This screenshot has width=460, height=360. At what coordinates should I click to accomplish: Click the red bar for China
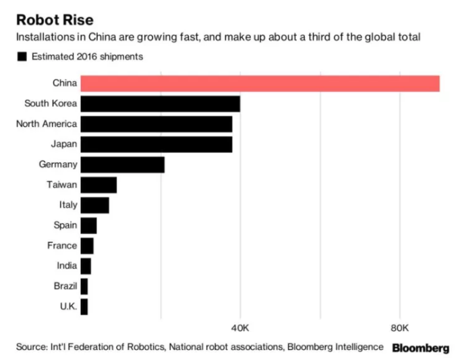[260, 84]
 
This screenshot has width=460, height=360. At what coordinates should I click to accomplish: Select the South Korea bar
[160, 104]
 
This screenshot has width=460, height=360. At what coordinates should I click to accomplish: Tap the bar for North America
[156, 124]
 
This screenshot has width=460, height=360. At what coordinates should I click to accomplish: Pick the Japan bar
[156, 144]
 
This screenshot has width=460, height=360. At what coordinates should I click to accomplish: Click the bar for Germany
[122, 164]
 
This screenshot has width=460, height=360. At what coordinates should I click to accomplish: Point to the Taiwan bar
[98, 185]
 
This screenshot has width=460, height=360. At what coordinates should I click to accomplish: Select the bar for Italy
[94, 205]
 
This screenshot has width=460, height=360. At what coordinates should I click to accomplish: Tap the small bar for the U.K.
[84, 307]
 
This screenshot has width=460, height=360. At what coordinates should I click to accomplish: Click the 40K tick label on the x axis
[240, 328]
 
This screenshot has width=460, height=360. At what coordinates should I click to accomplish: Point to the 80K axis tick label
[400, 328]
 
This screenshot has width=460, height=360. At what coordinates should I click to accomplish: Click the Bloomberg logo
[420, 348]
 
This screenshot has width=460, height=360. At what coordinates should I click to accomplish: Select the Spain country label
[65, 225]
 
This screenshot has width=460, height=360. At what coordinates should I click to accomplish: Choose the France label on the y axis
[62, 246]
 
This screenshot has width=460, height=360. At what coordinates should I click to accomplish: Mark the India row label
[67, 266]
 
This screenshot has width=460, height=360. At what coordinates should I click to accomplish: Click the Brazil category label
[65, 287]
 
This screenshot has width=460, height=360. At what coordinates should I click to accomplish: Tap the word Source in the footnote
[30, 347]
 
